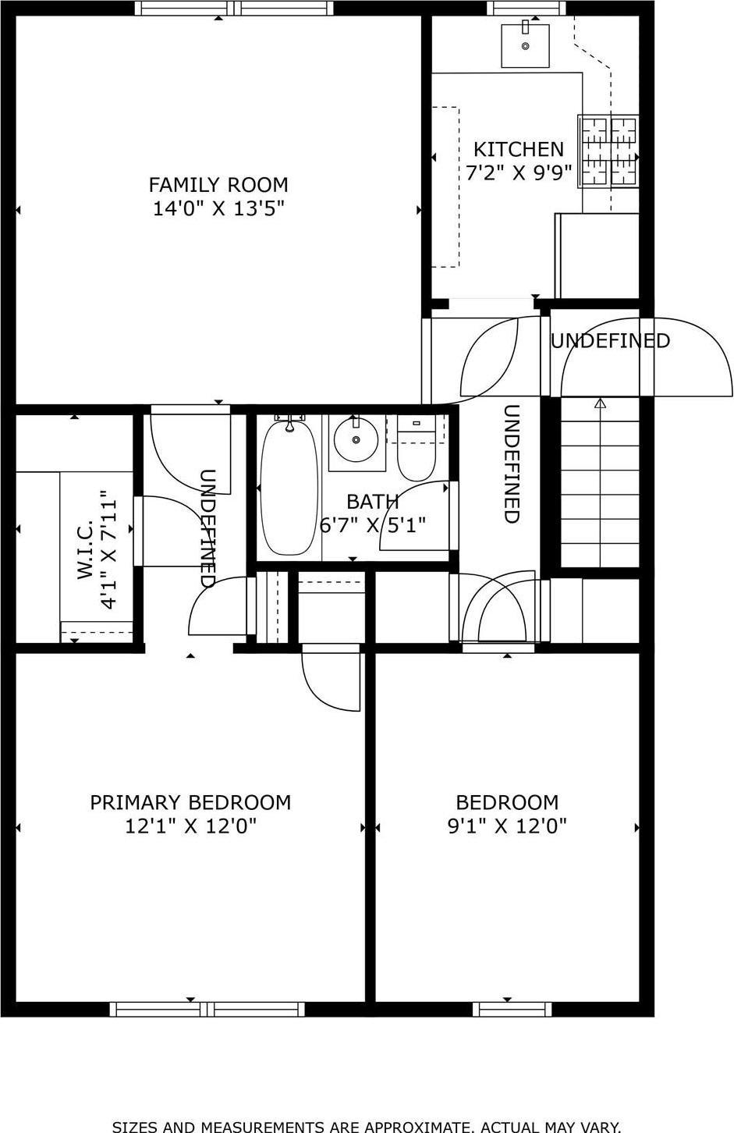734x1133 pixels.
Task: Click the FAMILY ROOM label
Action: pos(218,185)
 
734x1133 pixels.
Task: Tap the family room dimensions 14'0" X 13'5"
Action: pos(218,208)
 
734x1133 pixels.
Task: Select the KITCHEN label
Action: pos(519,149)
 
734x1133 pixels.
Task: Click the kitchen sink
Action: pos(525,46)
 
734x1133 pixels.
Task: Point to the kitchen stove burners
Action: pos(608,151)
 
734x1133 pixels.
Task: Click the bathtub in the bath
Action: pos(289,487)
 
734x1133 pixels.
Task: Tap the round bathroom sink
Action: pos(356,439)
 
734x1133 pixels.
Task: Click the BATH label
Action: pos(373,502)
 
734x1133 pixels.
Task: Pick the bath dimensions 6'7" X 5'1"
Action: pos(373,525)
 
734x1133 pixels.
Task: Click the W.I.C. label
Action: pos(86,550)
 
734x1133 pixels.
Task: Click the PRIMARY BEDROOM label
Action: pos(190,802)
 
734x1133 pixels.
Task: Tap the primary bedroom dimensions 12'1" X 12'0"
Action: pos(190,826)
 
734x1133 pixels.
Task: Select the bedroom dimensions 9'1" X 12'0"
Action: pos(507,826)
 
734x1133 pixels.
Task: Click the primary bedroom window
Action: pos(207,1009)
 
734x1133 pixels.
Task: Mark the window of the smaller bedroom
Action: pos(512,1009)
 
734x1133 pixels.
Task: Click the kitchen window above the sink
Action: pos(527,9)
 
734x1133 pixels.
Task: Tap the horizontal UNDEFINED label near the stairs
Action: pos(610,341)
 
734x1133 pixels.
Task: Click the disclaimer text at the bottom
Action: pos(367,1126)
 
